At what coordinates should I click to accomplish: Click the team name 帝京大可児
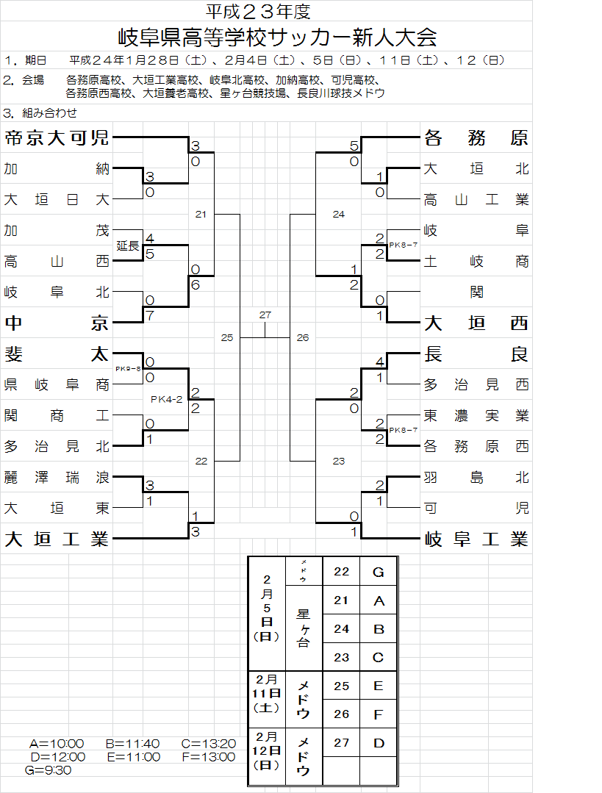tap(57, 137)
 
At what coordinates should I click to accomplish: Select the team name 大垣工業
tap(57, 539)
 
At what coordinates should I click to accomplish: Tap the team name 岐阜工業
tap(476, 539)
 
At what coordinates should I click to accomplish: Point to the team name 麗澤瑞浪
tap(57, 478)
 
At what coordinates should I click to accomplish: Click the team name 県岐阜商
tap(57, 384)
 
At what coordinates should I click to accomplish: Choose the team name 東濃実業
tap(476, 415)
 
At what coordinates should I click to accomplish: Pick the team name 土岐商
tap(476, 261)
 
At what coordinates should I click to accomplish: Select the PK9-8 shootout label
tap(127, 369)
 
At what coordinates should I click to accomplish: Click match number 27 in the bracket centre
tap(265, 315)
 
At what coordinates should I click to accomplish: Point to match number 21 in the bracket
tap(201, 214)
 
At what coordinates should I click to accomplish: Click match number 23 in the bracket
tap(338, 462)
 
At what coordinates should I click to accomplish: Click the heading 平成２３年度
tap(258, 11)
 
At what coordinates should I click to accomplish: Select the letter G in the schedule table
tap(379, 572)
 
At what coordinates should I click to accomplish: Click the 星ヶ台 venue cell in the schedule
tap(303, 628)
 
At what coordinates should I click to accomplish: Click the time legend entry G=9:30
tap(48, 770)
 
